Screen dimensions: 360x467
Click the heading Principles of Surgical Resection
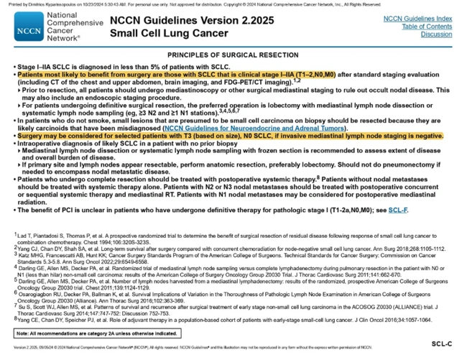233,55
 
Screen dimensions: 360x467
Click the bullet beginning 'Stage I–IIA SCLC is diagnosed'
108,67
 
